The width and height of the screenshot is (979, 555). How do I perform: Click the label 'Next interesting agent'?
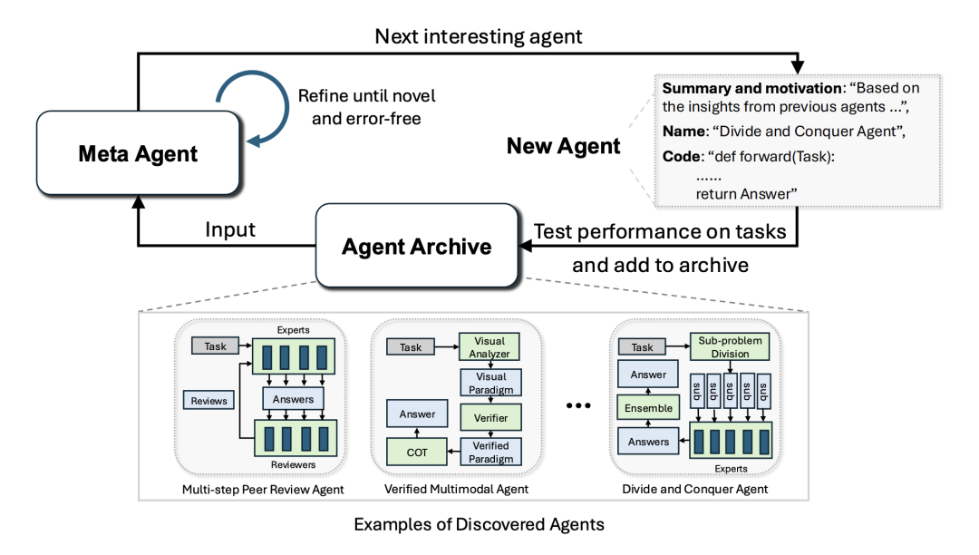[x=480, y=37]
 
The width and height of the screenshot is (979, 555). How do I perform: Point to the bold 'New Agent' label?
[x=563, y=146]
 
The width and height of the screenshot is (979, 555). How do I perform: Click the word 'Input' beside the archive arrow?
[x=229, y=229]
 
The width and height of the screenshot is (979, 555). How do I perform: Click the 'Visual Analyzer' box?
[x=490, y=347]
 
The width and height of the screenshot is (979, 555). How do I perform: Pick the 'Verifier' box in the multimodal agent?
[x=490, y=417]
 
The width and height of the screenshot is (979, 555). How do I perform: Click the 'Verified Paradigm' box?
[x=490, y=452]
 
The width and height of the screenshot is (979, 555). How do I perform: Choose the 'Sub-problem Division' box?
[x=731, y=346]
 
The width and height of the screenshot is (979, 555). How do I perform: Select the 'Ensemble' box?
[x=648, y=408]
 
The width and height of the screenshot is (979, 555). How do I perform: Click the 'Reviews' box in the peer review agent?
[x=209, y=400]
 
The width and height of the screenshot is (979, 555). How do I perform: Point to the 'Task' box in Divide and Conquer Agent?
[x=642, y=347]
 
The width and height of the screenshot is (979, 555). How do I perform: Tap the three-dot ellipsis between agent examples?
[x=577, y=405]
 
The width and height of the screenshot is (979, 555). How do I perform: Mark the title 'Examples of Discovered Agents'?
[x=479, y=524]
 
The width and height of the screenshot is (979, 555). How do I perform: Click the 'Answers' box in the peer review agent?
[x=293, y=398]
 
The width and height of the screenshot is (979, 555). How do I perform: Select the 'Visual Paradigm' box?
[x=490, y=383]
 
